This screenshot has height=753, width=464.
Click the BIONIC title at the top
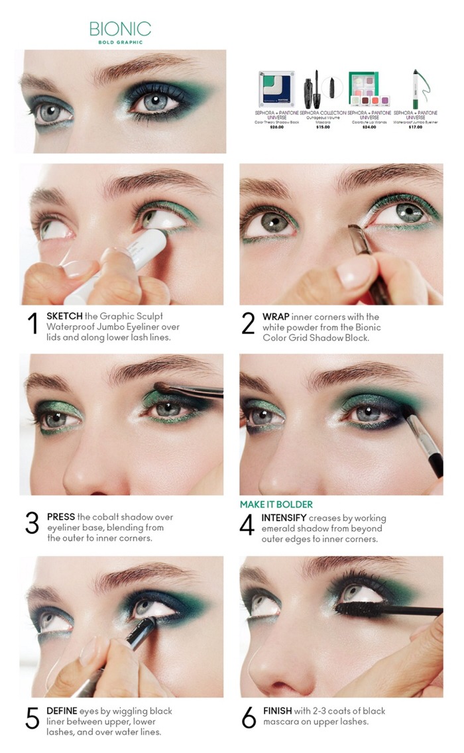(120, 29)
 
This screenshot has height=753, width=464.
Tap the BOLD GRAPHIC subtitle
(120, 42)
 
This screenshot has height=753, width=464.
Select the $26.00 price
(276, 127)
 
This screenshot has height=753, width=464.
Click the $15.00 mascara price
(322, 127)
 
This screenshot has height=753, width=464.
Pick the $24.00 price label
(369, 127)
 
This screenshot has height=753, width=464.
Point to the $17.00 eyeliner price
(415, 127)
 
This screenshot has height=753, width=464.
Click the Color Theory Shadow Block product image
(276, 89)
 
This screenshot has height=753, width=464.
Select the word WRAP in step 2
(276, 316)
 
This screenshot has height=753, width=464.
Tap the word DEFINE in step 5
(62, 711)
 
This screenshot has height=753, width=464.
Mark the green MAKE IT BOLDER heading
(276, 504)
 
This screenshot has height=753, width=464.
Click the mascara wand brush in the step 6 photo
(357, 607)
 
